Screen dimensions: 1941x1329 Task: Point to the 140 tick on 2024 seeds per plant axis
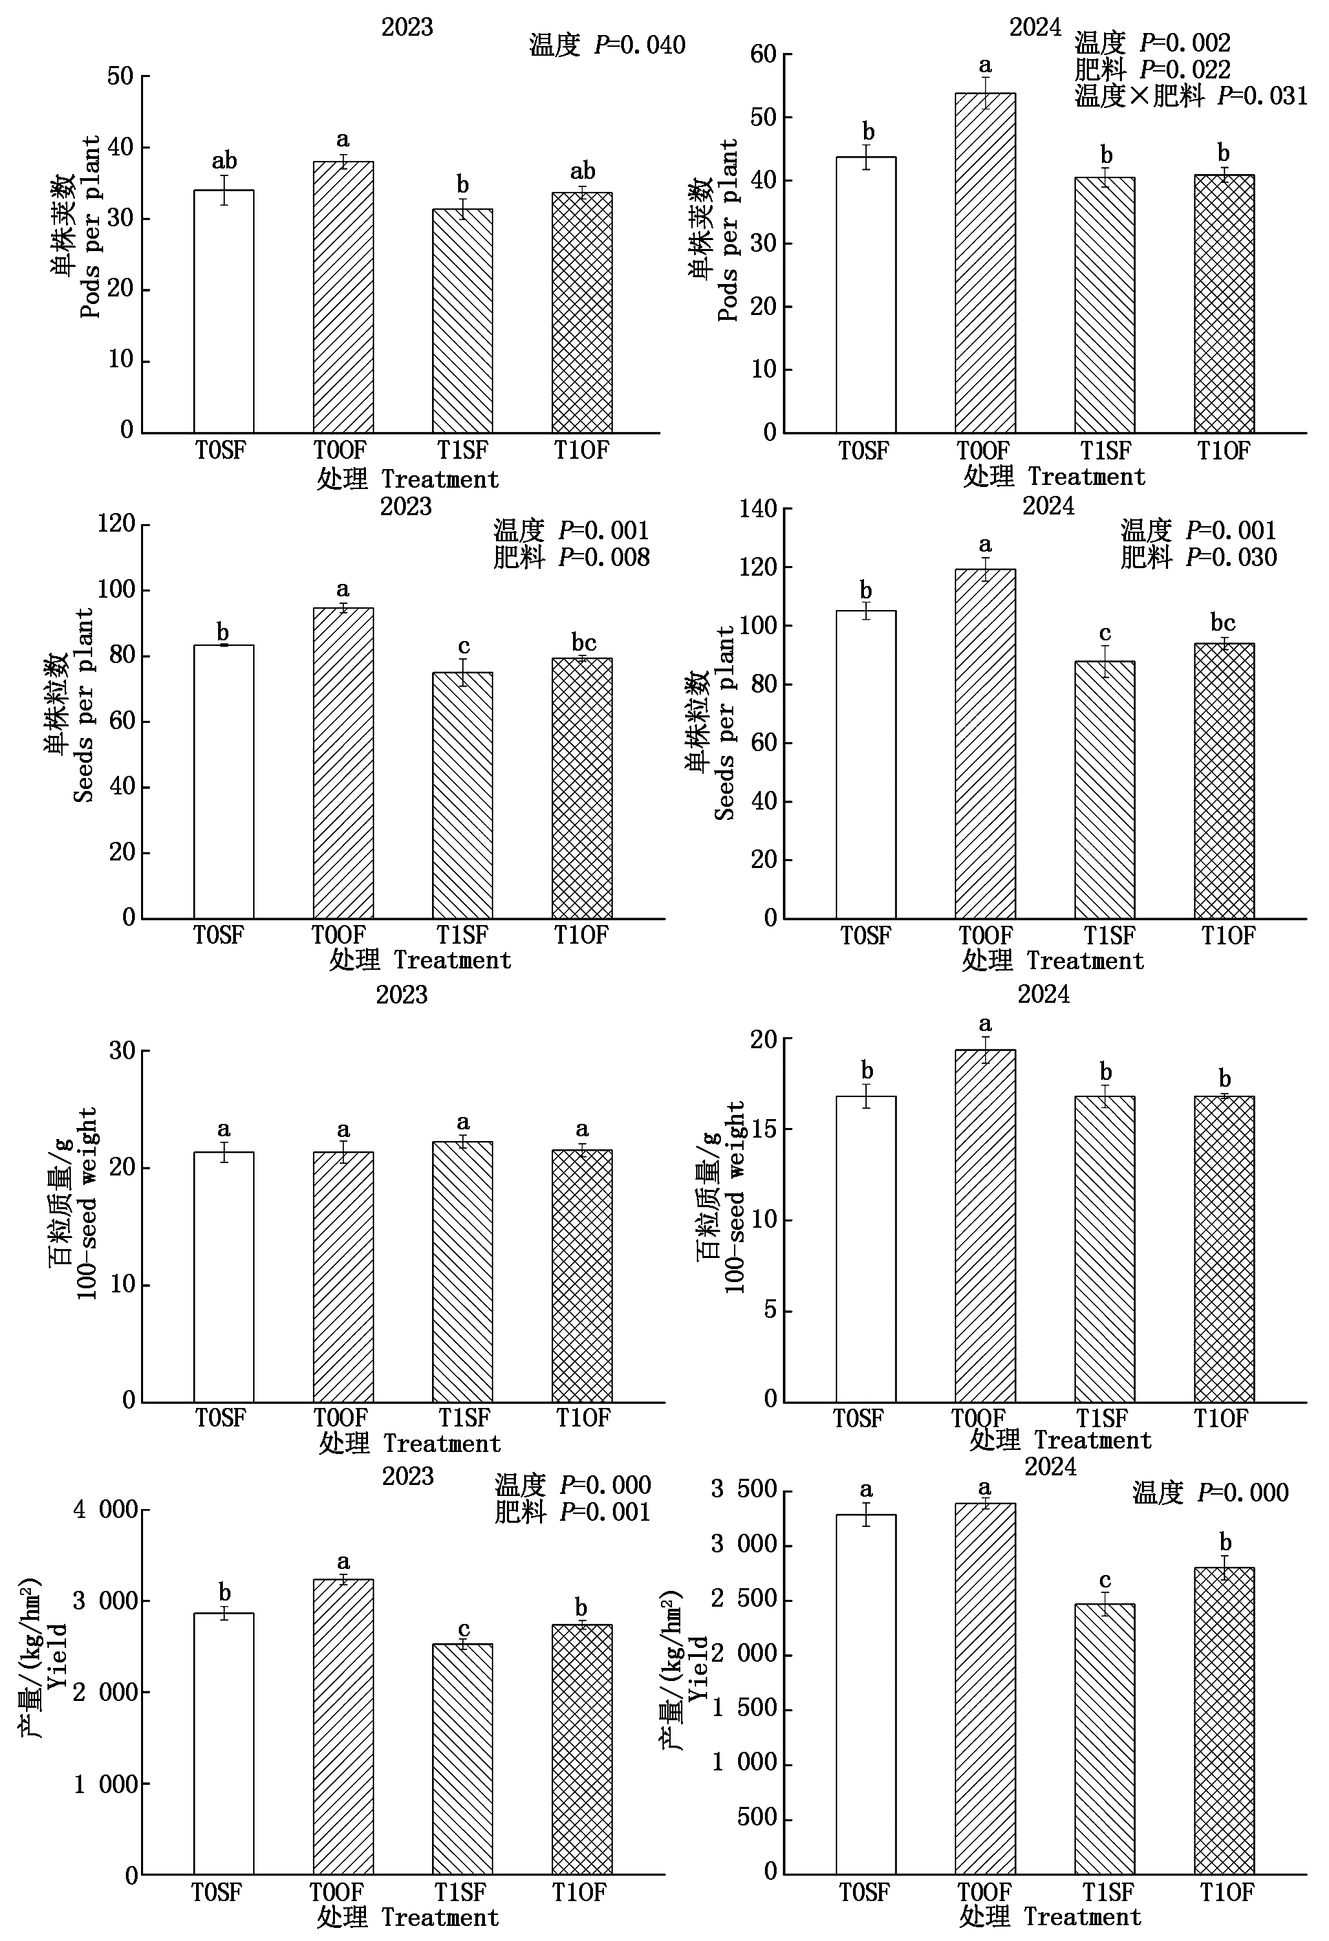757,509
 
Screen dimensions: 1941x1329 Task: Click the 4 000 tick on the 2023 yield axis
105,1510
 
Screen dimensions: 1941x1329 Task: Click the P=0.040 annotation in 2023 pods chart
640,45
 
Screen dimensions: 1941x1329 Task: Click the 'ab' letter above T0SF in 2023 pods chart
224,160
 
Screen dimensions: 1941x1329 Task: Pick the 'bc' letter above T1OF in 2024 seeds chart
1223,622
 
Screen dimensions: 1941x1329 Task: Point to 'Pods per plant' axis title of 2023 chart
90,227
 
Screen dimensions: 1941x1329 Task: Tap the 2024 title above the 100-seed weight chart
1044,994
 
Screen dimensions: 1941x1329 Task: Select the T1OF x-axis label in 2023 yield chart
579,1893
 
